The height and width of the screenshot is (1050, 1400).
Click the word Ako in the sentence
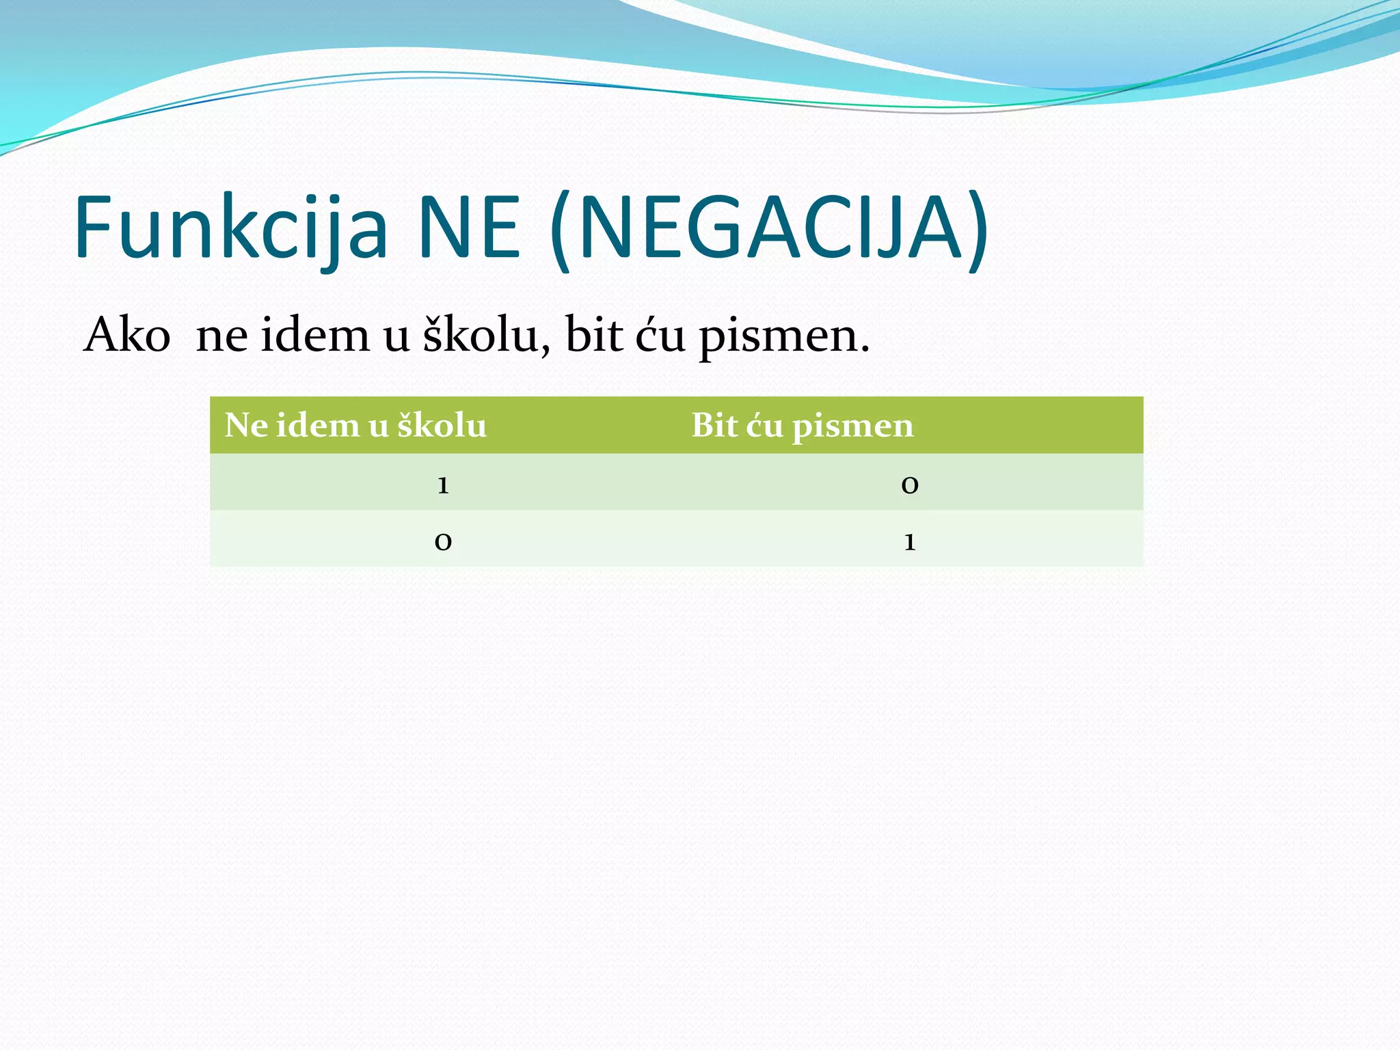tap(127, 336)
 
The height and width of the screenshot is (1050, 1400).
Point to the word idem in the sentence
tap(315, 336)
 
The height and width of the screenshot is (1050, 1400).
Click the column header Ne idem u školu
tap(355, 426)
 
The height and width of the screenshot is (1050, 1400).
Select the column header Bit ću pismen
tap(802, 426)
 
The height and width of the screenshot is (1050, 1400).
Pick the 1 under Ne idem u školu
tap(443, 485)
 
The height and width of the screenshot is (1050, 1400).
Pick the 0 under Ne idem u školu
tap(443, 542)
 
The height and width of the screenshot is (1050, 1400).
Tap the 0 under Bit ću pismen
tap(909, 485)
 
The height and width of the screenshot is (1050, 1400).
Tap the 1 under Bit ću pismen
tap(909, 542)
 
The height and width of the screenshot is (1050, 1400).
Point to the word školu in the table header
tap(442, 426)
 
